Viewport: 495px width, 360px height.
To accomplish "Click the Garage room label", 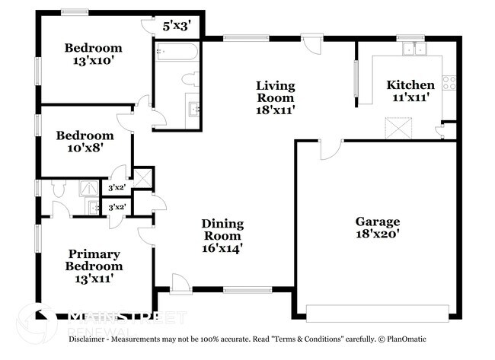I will click(x=377, y=221).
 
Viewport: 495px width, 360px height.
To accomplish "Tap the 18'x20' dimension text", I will click(x=377, y=235).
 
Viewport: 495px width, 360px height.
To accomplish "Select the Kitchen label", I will click(x=410, y=84).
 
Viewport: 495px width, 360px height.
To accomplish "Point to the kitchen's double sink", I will click(x=415, y=49).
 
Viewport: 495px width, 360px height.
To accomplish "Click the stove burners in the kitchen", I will click(x=449, y=82).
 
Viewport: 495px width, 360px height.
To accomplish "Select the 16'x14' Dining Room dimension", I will click(x=222, y=247).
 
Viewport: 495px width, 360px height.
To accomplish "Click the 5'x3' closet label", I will click(x=177, y=26).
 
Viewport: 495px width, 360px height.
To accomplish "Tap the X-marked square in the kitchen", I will click(x=398, y=127).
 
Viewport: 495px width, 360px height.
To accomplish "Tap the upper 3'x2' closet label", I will click(x=117, y=186).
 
